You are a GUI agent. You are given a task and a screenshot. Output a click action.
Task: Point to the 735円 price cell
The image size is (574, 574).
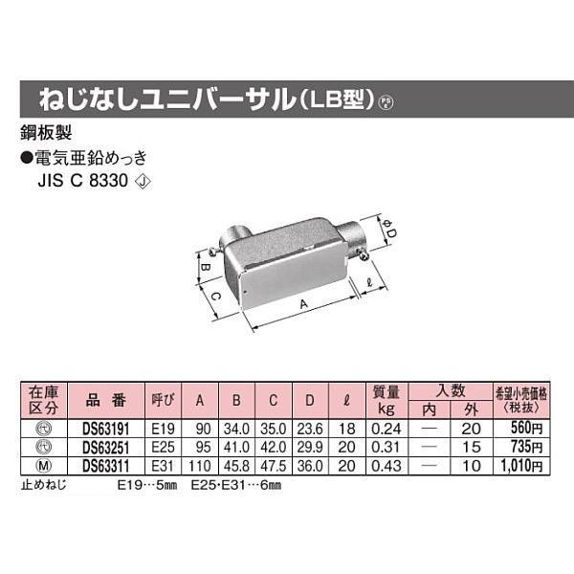click(525, 448)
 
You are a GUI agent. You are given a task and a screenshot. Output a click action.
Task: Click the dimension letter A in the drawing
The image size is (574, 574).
click(304, 304)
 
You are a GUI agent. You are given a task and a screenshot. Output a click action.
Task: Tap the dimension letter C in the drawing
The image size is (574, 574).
click(217, 298)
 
